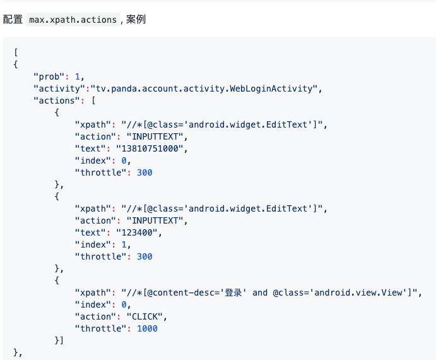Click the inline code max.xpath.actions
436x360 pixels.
[x=73, y=20]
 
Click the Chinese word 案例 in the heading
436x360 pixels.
[x=136, y=20]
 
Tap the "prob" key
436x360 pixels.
[x=49, y=76]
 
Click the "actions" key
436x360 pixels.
[x=57, y=100]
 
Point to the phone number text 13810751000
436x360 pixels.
[x=150, y=148]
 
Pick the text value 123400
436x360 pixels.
[x=137, y=232]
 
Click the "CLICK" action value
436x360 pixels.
[x=144, y=316]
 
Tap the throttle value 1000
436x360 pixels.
[x=147, y=328]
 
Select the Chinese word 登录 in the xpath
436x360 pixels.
[x=233, y=292]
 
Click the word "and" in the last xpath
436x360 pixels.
[x=260, y=292]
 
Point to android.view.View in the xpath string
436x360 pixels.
[x=358, y=292]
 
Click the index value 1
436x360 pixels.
[x=124, y=244]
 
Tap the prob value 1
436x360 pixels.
[x=78, y=76]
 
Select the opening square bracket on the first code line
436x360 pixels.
[x=16, y=52]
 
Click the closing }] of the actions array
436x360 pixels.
[x=59, y=340]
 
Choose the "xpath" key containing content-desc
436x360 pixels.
[x=93, y=292]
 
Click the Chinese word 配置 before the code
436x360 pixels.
[x=13, y=20]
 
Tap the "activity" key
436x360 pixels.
[x=59, y=88]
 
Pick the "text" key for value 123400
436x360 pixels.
[x=90, y=232]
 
